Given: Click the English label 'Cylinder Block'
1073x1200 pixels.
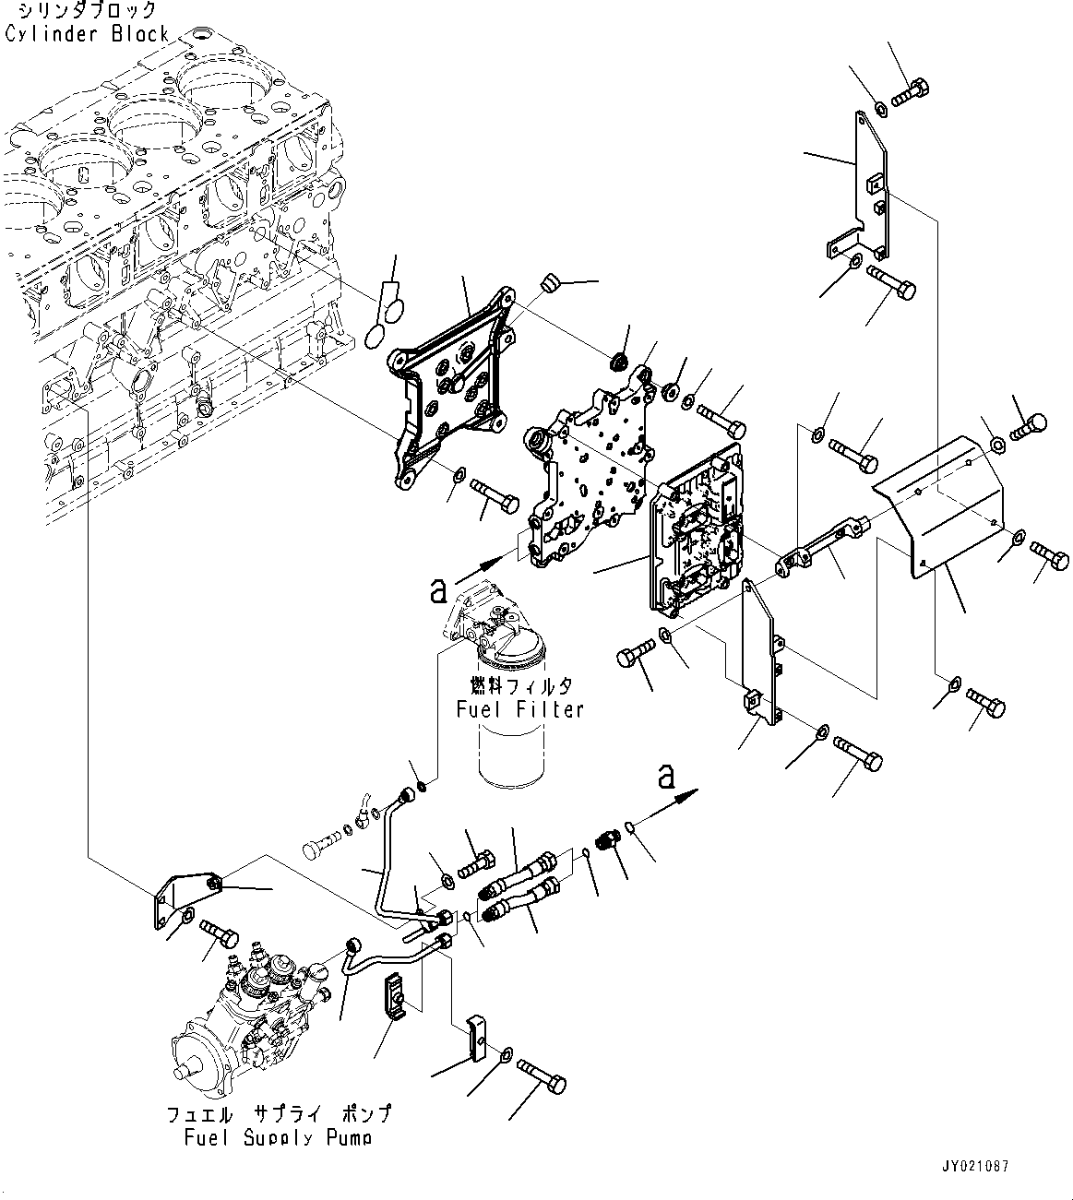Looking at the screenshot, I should (x=87, y=34).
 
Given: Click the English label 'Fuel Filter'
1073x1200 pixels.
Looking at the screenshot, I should (x=520, y=709).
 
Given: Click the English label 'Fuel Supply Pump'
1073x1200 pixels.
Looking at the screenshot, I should (x=277, y=1137).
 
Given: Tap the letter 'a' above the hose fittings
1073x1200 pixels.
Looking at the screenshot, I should (x=665, y=777).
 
